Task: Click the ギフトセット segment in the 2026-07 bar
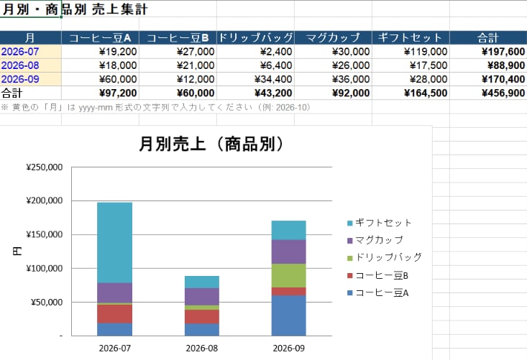[x=114, y=242]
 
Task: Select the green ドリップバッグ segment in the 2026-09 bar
[x=289, y=275]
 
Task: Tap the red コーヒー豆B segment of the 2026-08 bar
[x=202, y=316]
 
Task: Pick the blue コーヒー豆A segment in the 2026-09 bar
[x=289, y=315]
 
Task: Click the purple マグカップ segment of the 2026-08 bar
[x=202, y=297]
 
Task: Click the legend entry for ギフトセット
[x=379, y=223]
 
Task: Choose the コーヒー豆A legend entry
[x=377, y=293]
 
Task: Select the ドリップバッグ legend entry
[x=384, y=257]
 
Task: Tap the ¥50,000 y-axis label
[x=47, y=303]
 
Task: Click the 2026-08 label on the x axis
[x=201, y=349]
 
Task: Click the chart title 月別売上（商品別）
[x=211, y=144]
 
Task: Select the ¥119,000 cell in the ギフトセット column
[x=411, y=52]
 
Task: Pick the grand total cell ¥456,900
[x=488, y=93]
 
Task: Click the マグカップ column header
[x=333, y=37]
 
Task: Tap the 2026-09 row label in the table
[x=20, y=79]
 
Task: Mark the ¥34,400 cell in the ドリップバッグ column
[x=255, y=79]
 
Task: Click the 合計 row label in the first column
[x=12, y=93]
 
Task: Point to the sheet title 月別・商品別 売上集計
[x=75, y=9]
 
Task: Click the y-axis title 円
[x=17, y=251]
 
